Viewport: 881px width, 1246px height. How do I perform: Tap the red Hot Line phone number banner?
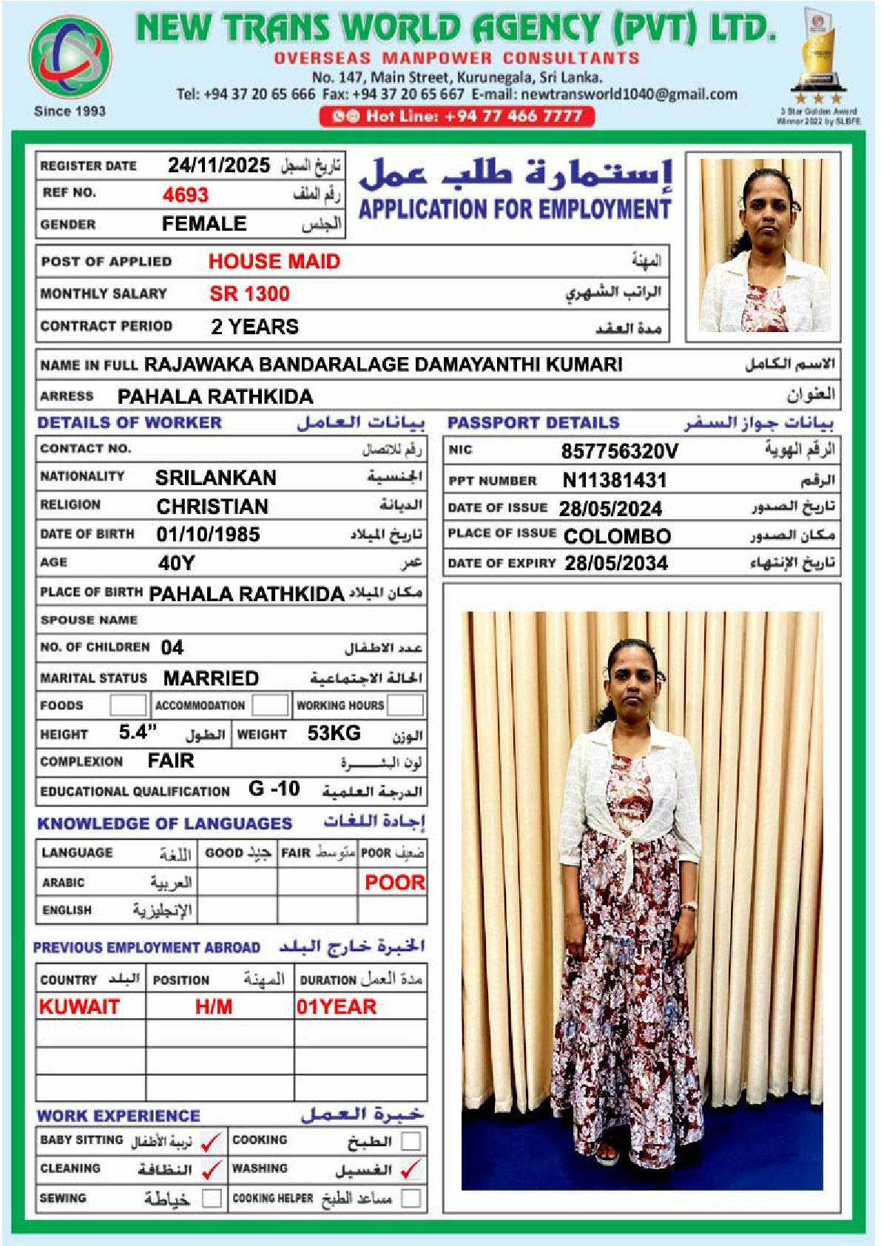click(456, 116)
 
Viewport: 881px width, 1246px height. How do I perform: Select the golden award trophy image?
click(819, 56)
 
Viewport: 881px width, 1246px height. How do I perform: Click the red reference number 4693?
click(186, 194)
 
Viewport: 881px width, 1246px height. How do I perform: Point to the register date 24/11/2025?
click(218, 165)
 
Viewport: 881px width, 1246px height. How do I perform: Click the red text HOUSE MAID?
click(274, 261)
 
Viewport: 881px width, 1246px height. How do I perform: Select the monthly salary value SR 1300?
click(249, 294)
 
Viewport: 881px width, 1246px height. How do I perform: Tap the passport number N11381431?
click(614, 481)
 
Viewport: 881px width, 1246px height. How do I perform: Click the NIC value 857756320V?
click(619, 451)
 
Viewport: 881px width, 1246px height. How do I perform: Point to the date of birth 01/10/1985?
click(208, 534)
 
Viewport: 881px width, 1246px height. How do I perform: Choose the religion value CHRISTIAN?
click(212, 507)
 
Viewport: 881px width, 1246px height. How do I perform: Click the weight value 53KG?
click(334, 733)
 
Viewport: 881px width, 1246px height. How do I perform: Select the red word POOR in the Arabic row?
click(394, 882)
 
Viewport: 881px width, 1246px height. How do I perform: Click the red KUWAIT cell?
click(79, 1006)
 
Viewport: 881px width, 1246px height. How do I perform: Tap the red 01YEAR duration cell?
click(337, 1006)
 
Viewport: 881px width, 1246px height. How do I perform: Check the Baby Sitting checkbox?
click(212, 1142)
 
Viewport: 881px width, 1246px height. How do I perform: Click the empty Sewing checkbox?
click(212, 1198)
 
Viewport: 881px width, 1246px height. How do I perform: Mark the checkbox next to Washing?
click(411, 1170)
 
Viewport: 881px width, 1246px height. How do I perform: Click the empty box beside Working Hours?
click(405, 705)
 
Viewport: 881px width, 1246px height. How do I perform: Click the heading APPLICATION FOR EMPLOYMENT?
click(515, 209)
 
